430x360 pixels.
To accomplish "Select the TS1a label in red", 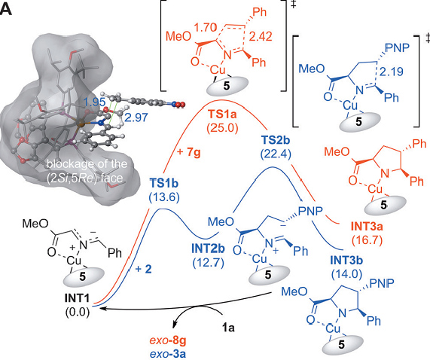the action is tap(223, 114).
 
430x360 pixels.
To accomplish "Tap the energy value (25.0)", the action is tap(223, 127).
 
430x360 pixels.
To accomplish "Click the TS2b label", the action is tap(275, 140).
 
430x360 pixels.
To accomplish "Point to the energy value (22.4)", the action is tap(275, 154).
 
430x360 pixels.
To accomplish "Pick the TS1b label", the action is tap(164, 183).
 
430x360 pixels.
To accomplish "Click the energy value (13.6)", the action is tap(164, 197).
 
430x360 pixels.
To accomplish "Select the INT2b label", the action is tap(208, 249).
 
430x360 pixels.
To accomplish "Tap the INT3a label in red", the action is tap(367, 227).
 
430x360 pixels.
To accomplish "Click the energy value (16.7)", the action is tap(367, 240).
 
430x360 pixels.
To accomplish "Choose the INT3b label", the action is tap(346, 260).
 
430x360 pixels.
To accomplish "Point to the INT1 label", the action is tap(78, 298).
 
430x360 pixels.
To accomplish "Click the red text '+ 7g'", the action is tap(189, 152).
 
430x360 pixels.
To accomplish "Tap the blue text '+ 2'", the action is tap(143, 269).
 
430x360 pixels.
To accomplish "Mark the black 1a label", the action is tap(228, 328).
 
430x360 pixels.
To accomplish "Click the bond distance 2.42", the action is tap(261, 36).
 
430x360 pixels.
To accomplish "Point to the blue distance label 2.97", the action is tap(136, 117).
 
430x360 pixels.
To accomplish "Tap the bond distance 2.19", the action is tap(392, 72).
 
